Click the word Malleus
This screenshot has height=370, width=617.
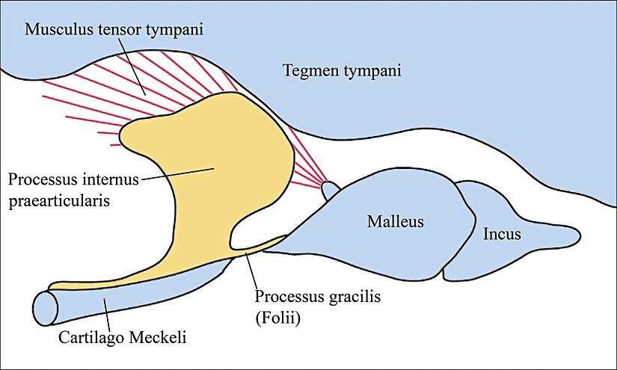coord(396,222)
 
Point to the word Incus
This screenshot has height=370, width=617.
coord(502,235)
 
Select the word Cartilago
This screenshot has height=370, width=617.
coord(90,338)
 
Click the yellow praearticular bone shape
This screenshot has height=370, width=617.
coord(224,164)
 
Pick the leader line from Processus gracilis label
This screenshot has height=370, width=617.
coord(251,271)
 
